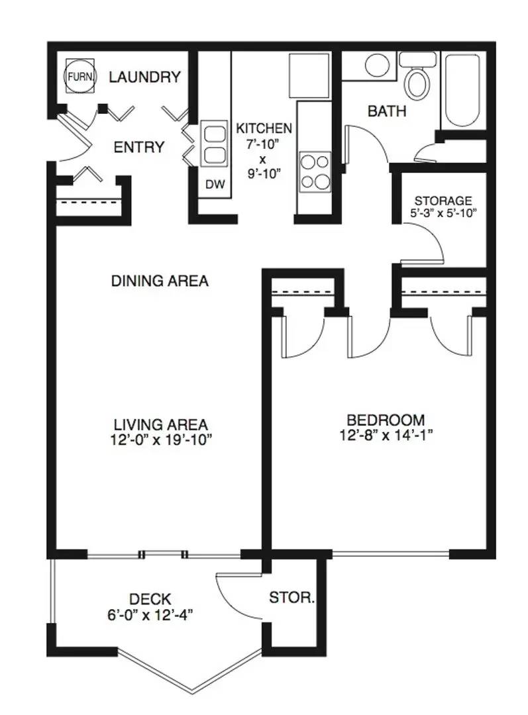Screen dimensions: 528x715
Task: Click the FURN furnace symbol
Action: click(x=80, y=76)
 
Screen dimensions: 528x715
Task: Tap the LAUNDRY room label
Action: click(x=144, y=77)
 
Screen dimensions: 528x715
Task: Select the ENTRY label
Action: click(x=138, y=147)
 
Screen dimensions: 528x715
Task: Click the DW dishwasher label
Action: click(x=215, y=184)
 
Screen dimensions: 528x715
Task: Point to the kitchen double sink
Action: click(x=214, y=144)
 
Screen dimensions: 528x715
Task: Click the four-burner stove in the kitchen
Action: click(x=315, y=171)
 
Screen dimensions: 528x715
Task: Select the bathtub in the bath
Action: click(x=462, y=91)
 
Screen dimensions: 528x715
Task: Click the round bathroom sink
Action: click(x=377, y=66)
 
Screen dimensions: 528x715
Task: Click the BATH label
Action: click(x=387, y=111)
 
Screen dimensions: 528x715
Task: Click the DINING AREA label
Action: click(x=160, y=281)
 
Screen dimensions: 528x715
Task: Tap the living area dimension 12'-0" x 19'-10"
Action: click(x=162, y=440)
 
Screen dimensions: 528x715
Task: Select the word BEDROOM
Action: click(x=386, y=420)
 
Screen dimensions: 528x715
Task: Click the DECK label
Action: click(x=150, y=598)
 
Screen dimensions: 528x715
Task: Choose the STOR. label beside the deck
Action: click(x=292, y=597)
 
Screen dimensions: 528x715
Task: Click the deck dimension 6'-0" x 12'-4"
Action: click(x=150, y=615)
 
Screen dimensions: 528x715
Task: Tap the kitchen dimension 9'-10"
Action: click(x=263, y=173)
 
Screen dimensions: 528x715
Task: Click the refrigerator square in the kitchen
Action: click(x=309, y=75)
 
